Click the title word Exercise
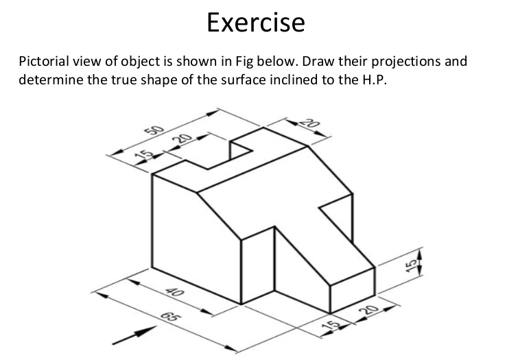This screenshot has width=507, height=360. [255, 23]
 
